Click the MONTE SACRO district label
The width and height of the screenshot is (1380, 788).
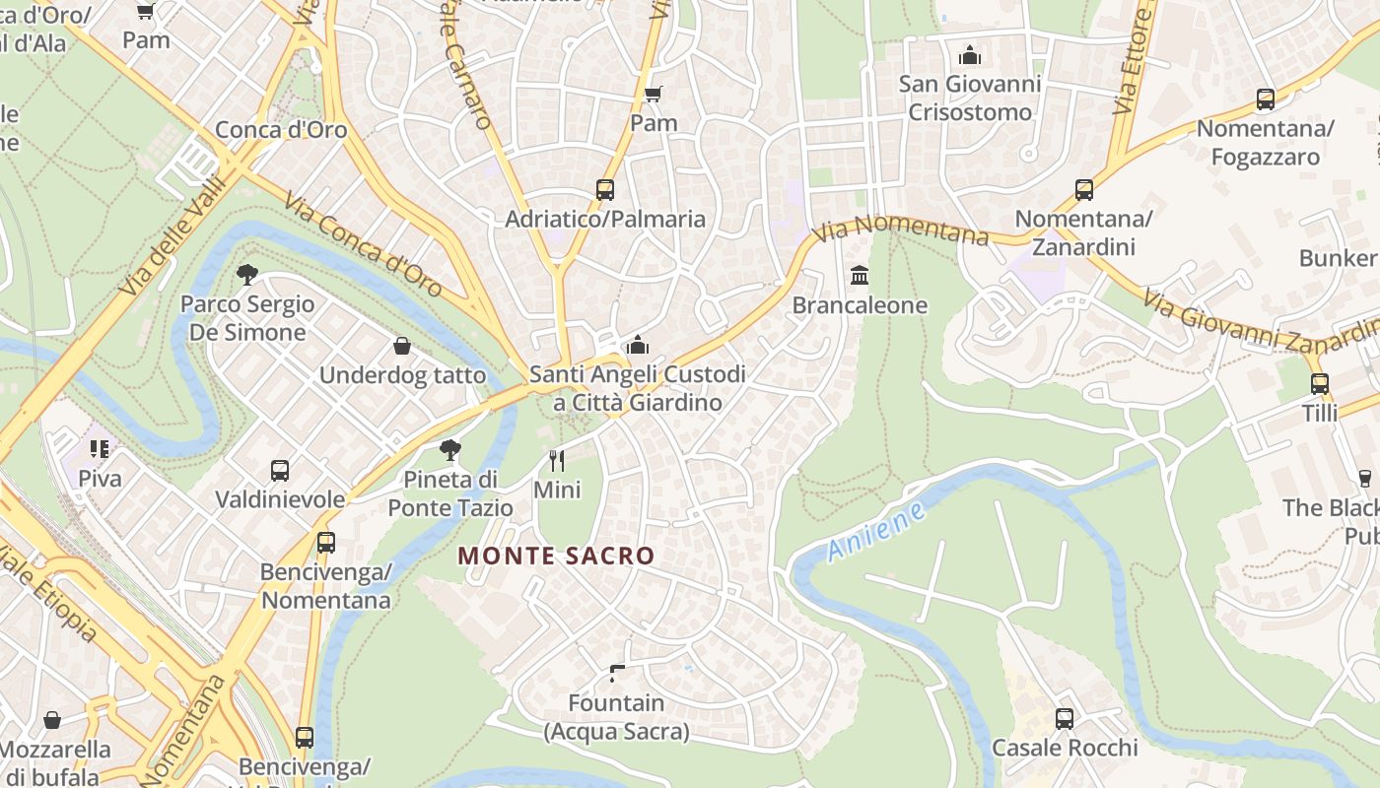click(556, 556)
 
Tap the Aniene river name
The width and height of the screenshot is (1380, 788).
click(876, 533)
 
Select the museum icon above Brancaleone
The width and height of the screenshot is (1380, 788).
click(860, 275)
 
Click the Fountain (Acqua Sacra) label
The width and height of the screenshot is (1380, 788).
click(617, 717)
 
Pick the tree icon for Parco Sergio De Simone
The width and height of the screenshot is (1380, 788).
click(246, 274)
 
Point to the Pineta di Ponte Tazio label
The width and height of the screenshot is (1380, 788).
click(450, 493)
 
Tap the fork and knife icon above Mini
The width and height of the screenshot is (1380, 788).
click(557, 460)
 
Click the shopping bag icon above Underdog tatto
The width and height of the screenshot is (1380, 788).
click(402, 346)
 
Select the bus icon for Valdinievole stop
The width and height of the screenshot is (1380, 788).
click(280, 470)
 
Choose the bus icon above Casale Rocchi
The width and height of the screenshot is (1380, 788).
click(1065, 718)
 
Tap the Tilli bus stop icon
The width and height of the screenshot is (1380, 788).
click(1320, 383)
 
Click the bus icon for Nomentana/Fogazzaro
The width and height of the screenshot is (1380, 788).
click(1266, 99)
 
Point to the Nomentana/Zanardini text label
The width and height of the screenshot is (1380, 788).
click(1083, 232)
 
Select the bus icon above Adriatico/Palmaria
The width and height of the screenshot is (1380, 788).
click(605, 189)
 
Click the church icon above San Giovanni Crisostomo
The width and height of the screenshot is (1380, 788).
click(970, 54)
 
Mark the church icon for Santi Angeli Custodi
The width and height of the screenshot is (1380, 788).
click(638, 345)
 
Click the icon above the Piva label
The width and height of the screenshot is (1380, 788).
click(100, 449)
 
